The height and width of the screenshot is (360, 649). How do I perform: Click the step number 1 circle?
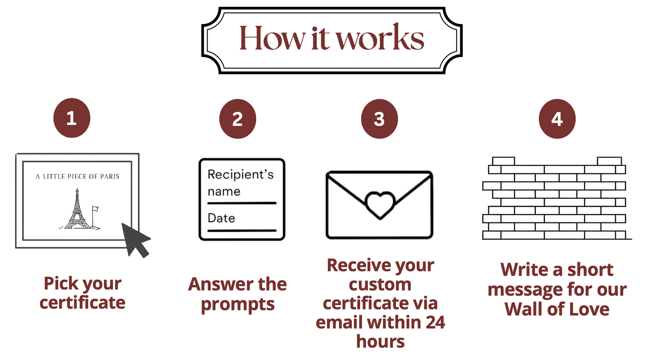pos(72,118)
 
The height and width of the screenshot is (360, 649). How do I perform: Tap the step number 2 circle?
pos(238,119)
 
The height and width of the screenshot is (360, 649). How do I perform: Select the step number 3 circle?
pos(379,119)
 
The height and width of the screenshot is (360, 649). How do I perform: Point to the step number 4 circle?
pos(557,119)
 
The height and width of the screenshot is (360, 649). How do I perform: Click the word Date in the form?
pos(221,218)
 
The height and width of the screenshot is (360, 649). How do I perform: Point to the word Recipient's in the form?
pos(240,174)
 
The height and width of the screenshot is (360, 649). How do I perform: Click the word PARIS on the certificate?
pos(110,176)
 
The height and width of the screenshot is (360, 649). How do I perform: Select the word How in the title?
pos(273,38)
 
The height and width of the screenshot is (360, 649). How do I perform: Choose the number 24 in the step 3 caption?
pos(435,322)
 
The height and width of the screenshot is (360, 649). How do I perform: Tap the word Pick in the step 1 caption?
pos(61,283)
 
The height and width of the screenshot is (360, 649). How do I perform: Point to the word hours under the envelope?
pos(380,342)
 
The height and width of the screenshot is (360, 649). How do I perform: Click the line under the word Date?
pos(242,231)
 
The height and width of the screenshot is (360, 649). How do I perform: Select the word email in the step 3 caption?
pos(339,322)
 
